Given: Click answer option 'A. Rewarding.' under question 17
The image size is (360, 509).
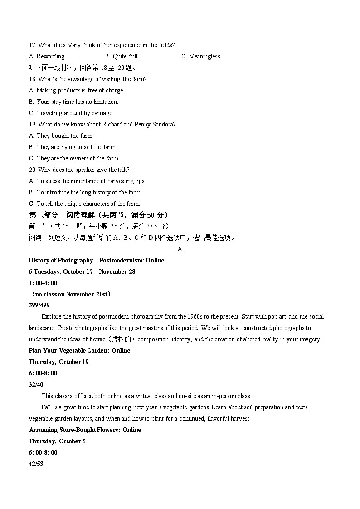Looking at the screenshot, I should click(x=47, y=57).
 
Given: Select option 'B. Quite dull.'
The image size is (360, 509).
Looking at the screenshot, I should click(x=122, y=57).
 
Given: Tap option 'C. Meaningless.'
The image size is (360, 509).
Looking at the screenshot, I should click(x=201, y=57).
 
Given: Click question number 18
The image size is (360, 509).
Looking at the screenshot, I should click(x=33, y=79).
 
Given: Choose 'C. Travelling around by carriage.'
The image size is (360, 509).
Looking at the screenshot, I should click(x=71, y=113).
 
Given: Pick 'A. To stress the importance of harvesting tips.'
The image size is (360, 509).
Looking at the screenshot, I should click(x=87, y=181).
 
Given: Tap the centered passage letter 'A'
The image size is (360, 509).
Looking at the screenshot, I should click(x=180, y=249).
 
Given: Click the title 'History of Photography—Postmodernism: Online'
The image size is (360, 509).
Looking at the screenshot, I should click(x=97, y=260).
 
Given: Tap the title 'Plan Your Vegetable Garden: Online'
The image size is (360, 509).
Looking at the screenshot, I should click(x=79, y=351).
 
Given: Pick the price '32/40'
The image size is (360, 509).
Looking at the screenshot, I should click(x=36, y=385).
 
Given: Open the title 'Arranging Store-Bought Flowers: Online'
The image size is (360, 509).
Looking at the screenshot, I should click(x=85, y=430).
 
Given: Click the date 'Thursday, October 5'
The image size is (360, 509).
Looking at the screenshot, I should click(x=57, y=441).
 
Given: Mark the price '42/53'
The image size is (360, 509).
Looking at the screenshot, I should click(x=36, y=464).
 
